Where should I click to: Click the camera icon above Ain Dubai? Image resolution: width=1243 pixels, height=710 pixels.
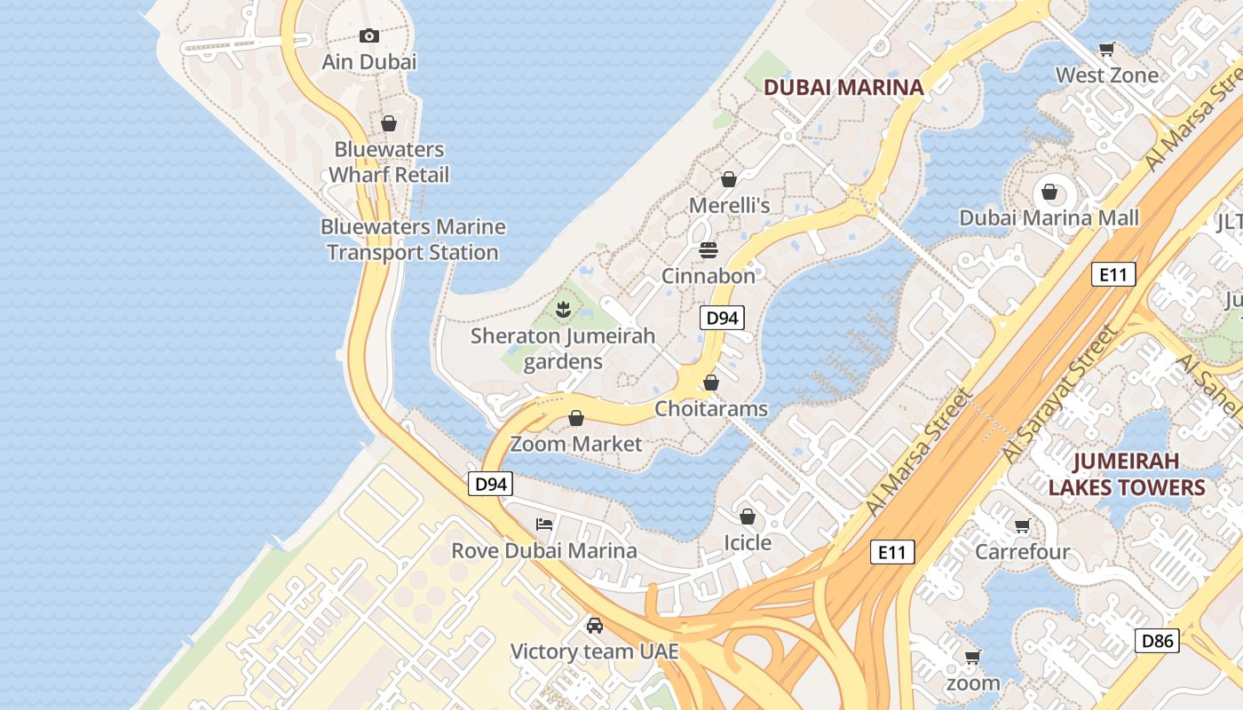pyautogui.click(x=369, y=35)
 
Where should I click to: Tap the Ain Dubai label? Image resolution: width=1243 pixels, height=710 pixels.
pyautogui.click(x=369, y=62)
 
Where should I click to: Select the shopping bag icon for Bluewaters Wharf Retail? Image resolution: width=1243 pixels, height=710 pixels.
pyautogui.click(x=388, y=123)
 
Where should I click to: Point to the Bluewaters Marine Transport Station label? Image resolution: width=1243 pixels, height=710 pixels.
pyautogui.click(x=413, y=240)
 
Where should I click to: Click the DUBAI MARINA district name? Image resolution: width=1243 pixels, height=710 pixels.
pyautogui.click(x=843, y=87)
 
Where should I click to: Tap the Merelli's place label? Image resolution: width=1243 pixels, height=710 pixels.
pyautogui.click(x=729, y=205)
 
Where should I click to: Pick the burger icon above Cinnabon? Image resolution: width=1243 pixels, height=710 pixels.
pyautogui.click(x=708, y=250)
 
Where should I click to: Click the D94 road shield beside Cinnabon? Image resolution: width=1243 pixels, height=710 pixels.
pyautogui.click(x=721, y=318)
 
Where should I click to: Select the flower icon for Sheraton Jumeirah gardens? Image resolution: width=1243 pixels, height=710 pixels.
pyautogui.click(x=562, y=310)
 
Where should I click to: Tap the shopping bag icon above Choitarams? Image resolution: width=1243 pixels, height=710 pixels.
pyautogui.click(x=710, y=383)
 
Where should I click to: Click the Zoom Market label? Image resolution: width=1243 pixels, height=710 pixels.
pyautogui.click(x=575, y=444)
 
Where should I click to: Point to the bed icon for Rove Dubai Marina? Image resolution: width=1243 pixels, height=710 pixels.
pyautogui.click(x=544, y=525)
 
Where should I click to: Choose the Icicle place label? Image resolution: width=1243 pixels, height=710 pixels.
pyautogui.click(x=748, y=542)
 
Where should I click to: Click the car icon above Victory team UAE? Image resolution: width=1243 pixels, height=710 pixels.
pyautogui.click(x=594, y=626)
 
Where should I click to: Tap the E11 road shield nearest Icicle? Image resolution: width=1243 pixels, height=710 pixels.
pyautogui.click(x=891, y=552)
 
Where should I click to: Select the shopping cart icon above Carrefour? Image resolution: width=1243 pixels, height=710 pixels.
pyautogui.click(x=1022, y=526)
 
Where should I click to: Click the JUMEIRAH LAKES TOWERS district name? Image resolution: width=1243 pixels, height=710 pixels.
pyautogui.click(x=1126, y=474)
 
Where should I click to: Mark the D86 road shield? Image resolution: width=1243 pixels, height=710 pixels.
pyautogui.click(x=1158, y=641)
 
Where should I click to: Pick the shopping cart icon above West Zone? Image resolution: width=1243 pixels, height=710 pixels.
pyautogui.click(x=1106, y=49)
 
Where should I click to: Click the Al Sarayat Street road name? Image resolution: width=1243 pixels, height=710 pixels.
pyautogui.click(x=1058, y=393)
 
